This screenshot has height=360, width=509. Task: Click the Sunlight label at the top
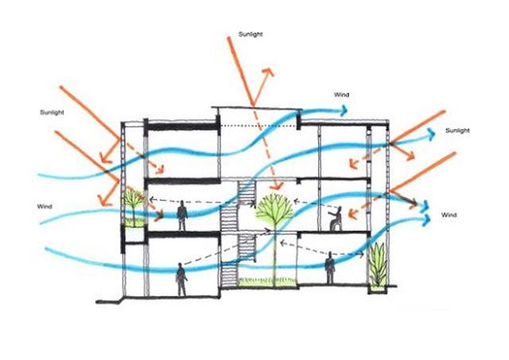click(251, 34)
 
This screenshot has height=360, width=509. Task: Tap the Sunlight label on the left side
click(52, 112)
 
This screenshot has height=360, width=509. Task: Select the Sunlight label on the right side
click(457, 130)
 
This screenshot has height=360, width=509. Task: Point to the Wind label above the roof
click(341, 95)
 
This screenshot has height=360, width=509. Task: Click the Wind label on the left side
click(45, 207)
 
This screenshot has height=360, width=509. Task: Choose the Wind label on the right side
click(449, 215)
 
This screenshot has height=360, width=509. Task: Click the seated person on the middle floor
click(336, 219)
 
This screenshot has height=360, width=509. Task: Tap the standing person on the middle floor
click(182, 215)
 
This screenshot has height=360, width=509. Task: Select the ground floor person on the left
click(181, 279)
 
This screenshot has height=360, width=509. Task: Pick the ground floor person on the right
click(330, 268)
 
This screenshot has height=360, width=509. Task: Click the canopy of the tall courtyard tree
click(274, 209)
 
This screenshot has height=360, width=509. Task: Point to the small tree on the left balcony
click(133, 204)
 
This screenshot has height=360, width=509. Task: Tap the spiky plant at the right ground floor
click(379, 265)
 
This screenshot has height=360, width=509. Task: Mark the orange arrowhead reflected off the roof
click(269, 73)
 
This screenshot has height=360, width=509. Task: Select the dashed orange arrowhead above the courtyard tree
click(277, 186)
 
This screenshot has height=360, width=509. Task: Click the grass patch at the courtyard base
click(268, 282)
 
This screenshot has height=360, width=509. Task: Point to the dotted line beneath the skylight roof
click(258, 126)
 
